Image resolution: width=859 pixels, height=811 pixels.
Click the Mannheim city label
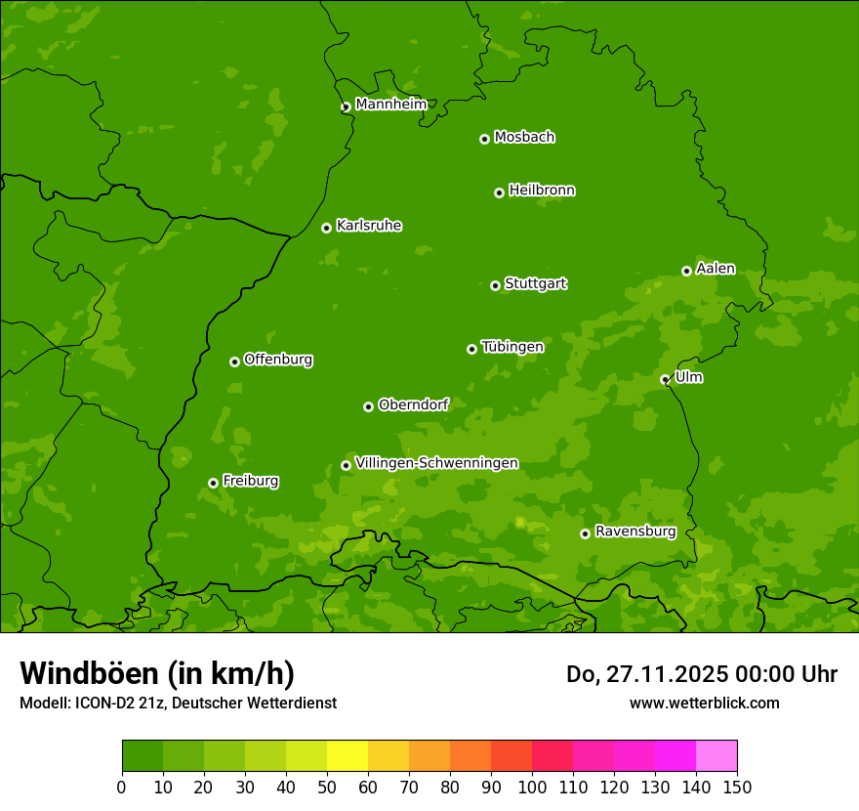(x=390, y=105)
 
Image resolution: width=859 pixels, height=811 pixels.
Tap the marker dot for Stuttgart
(x=495, y=285)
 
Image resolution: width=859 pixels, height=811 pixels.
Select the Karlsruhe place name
(x=369, y=226)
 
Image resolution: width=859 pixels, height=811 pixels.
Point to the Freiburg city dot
(x=213, y=483)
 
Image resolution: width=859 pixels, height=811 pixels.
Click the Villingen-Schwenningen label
(x=436, y=463)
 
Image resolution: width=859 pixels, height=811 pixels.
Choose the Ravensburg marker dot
(x=585, y=534)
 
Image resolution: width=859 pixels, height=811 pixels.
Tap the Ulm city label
(x=688, y=377)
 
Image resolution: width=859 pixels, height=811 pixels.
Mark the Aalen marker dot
(x=686, y=271)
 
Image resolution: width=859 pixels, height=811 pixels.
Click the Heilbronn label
(x=542, y=191)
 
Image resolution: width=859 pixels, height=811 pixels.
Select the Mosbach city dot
(x=484, y=139)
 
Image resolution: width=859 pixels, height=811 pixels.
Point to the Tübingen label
(x=512, y=347)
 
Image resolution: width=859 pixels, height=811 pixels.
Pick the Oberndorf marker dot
(x=368, y=406)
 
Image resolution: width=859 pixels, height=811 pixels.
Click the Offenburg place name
(x=278, y=360)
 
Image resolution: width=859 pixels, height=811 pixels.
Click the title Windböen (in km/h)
(x=156, y=673)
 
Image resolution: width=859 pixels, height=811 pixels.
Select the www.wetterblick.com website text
(x=704, y=703)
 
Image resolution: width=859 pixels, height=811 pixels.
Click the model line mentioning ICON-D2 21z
(x=178, y=703)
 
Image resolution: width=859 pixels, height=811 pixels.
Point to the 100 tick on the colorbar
(x=532, y=787)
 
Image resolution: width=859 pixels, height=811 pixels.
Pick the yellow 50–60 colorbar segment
(x=348, y=756)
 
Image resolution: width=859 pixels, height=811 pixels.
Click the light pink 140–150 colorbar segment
(x=716, y=756)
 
